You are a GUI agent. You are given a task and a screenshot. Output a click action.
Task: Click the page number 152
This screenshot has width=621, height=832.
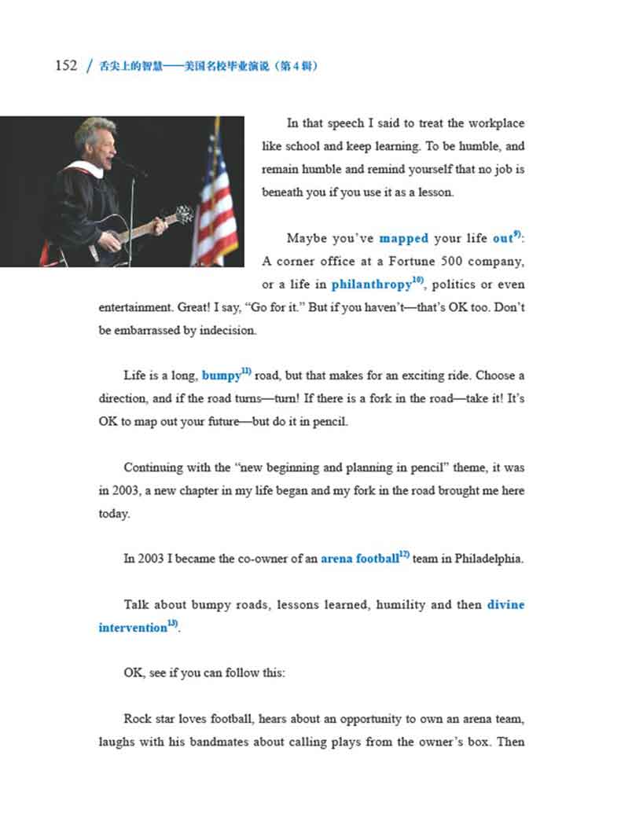(x=66, y=65)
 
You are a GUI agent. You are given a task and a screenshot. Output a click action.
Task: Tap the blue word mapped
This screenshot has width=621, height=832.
(x=403, y=238)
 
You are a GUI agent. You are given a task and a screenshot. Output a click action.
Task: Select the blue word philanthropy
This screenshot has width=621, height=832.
(x=371, y=284)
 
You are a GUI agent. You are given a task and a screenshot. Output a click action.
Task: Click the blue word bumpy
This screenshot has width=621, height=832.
(x=221, y=376)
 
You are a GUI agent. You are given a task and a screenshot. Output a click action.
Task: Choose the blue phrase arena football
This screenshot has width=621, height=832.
(x=359, y=559)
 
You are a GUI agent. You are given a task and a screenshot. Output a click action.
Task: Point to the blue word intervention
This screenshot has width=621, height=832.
(x=133, y=629)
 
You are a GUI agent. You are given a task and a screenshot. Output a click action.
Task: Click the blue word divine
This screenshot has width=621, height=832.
(x=505, y=605)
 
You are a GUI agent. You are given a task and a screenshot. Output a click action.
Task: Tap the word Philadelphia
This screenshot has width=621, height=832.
(x=484, y=559)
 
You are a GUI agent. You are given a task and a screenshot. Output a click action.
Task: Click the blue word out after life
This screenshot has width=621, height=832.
(x=502, y=238)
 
